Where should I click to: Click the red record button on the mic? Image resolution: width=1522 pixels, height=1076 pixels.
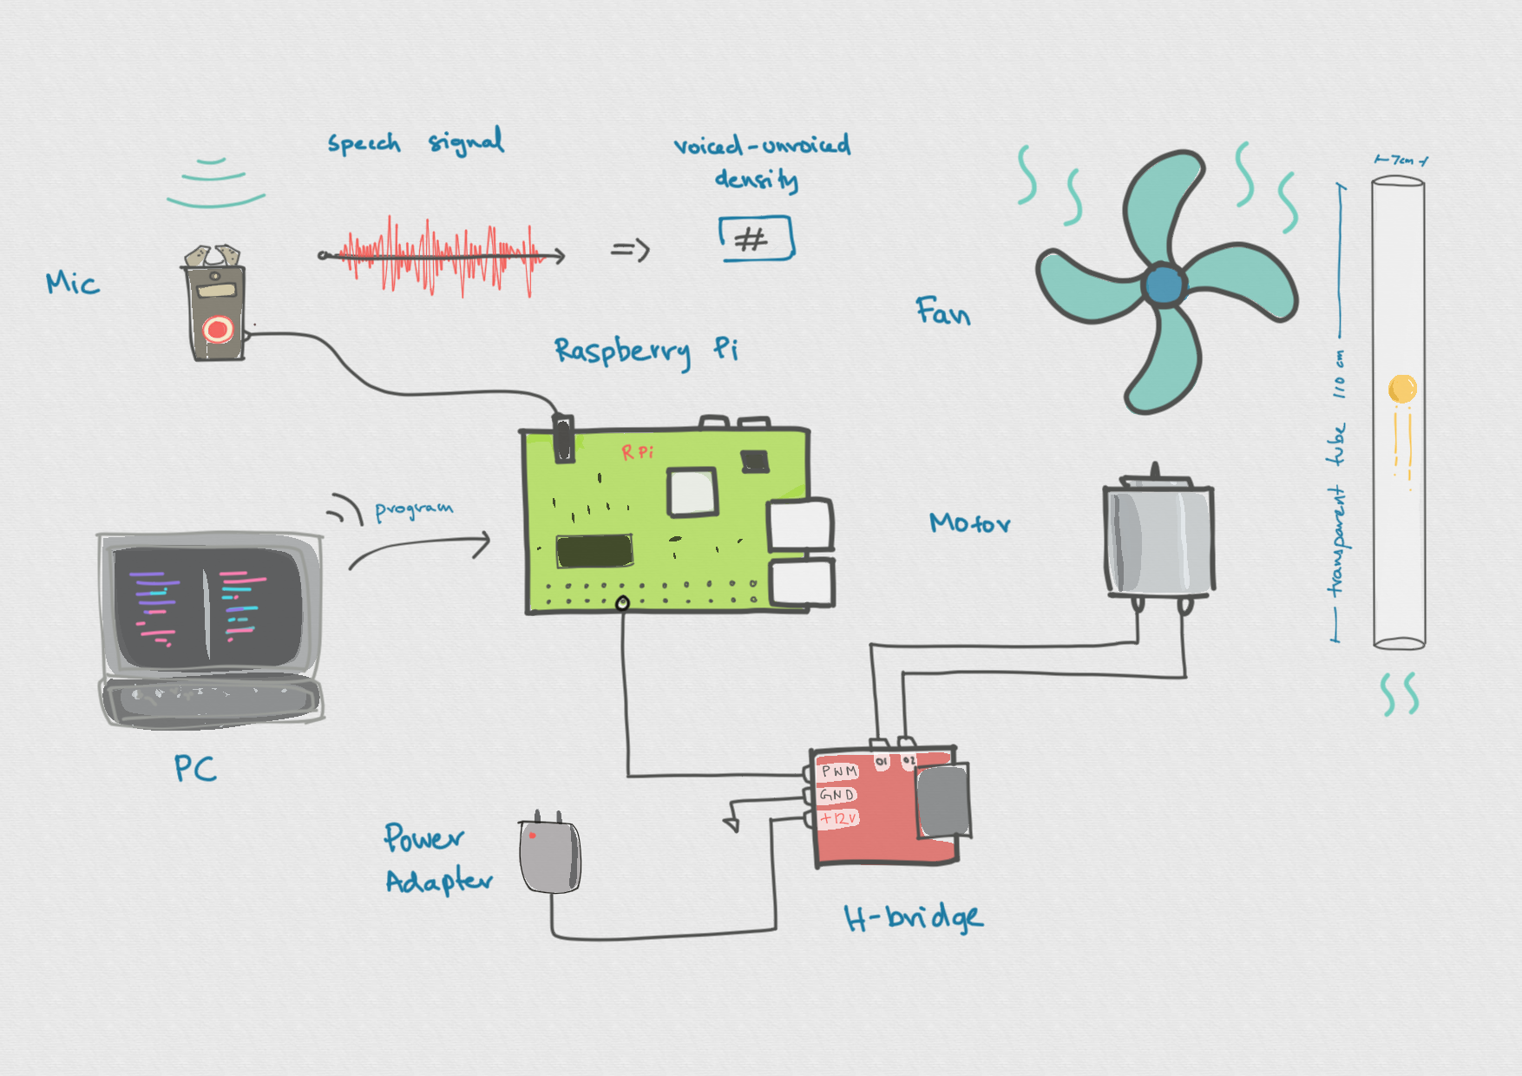click(x=218, y=330)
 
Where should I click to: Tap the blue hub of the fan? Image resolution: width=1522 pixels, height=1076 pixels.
click(x=1164, y=284)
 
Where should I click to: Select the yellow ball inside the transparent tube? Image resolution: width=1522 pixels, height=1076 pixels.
click(x=1402, y=388)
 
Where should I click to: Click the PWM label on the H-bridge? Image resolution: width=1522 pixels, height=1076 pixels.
click(x=839, y=771)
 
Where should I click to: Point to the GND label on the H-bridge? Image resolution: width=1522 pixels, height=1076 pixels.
click(x=837, y=795)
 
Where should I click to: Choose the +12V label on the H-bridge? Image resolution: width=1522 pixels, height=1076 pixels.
click(x=839, y=818)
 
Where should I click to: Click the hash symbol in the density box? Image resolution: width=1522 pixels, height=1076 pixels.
click(x=751, y=239)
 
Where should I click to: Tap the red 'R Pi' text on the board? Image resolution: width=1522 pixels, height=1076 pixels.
click(x=638, y=452)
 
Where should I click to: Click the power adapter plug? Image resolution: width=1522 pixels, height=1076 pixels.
click(x=549, y=856)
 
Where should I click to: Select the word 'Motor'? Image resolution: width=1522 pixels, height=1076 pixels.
click(x=969, y=523)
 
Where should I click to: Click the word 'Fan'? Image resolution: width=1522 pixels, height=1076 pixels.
click(x=942, y=312)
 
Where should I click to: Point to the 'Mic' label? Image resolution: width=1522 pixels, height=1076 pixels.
click(x=73, y=283)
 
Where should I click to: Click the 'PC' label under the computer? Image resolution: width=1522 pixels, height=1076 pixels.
click(x=195, y=768)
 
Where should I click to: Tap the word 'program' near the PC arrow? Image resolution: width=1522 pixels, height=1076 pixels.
click(x=414, y=509)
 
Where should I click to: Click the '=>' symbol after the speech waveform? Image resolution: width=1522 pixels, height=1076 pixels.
click(x=631, y=251)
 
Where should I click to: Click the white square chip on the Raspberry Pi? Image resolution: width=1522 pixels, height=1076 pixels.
click(x=692, y=492)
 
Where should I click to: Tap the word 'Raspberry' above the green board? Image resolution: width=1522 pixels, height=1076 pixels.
click(x=622, y=351)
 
